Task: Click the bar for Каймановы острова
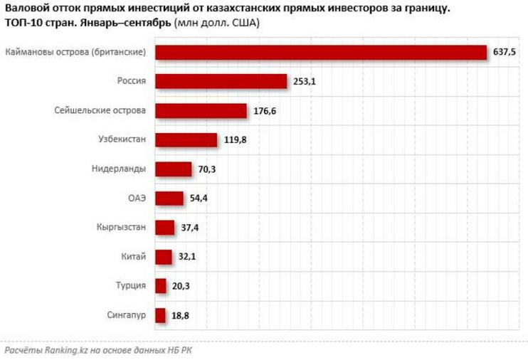point(320,53)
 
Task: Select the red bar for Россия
point(221,82)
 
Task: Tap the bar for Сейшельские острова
point(201,111)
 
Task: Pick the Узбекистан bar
point(186,140)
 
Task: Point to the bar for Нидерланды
point(173,169)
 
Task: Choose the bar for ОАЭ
point(169,198)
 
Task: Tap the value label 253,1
point(304,82)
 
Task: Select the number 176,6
point(264,111)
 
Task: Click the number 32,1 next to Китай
point(189,257)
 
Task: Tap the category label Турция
point(132,286)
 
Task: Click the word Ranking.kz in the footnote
point(66,350)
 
